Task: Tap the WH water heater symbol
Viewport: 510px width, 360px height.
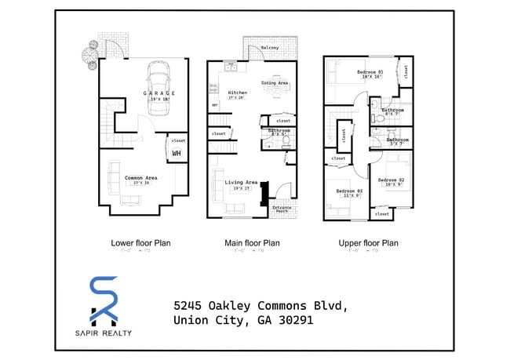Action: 177,153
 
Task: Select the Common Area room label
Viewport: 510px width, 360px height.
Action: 140,178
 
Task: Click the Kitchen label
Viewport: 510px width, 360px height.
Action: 237,93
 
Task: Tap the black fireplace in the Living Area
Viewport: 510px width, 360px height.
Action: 264,192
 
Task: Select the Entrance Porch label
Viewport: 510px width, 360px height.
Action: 280,209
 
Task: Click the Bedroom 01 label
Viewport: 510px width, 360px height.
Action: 370,73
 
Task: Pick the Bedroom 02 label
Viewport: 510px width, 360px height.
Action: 391,180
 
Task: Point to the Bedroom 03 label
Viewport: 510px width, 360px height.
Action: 350,191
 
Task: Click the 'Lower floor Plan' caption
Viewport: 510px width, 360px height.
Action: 140,243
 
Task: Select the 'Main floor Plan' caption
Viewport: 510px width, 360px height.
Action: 253,243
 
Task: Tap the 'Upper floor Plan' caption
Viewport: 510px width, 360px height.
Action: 368,243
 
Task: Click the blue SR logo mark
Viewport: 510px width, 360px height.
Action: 104,300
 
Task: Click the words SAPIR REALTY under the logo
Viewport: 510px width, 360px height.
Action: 104,333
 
